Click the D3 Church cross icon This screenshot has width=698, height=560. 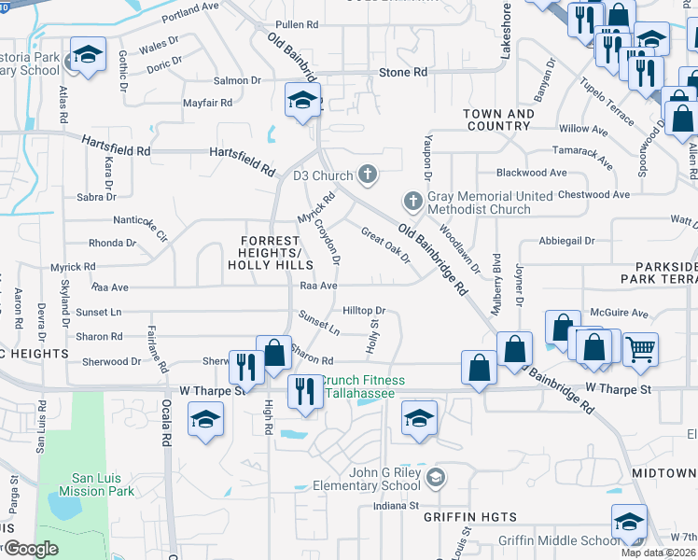pos(369,174)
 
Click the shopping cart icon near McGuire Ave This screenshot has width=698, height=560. pos(640,350)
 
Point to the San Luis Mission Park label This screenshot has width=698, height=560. pos(97,484)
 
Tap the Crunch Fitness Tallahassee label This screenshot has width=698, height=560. pos(364,386)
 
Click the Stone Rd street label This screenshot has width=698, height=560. pos(403,72)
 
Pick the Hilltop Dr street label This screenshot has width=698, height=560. pos(364,310)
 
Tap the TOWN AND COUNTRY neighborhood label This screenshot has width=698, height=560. pos(497,119)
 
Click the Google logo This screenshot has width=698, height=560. pos(31,549)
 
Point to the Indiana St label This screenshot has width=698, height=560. pos(396,506)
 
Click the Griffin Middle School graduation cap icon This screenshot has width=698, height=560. pos(629,523)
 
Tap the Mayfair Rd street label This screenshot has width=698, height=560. pos(206,105)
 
